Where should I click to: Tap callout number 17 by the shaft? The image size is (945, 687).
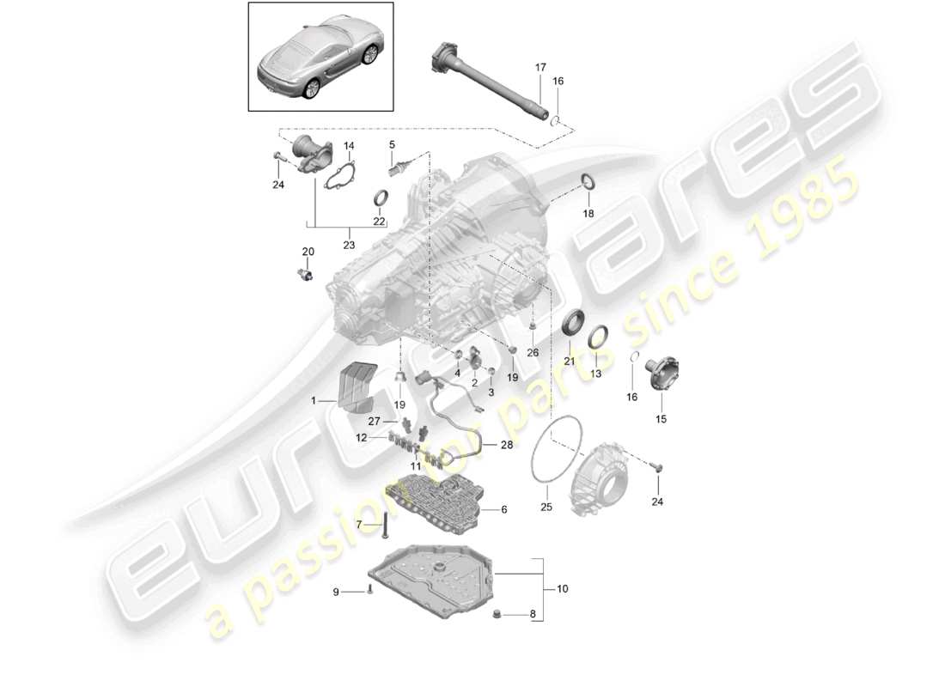(x=540, y=67)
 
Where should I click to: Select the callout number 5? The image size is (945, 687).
(x=392, y=144)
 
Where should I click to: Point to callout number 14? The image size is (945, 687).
(x=349, y=146)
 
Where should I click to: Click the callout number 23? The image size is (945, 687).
(x=349, y=245)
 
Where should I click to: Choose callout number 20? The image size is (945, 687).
(x=308, y=252)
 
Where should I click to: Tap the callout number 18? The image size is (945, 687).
(x=588, y=212)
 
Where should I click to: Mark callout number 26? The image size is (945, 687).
(x=533, y=352)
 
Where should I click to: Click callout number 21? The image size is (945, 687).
(x=569, y=362)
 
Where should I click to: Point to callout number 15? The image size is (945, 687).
(x=661, y=419)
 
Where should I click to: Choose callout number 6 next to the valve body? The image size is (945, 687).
(x=503, y=509)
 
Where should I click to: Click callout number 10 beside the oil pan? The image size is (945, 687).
(x=563, y=589)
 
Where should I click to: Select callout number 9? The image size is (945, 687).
(x=337, y=592)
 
